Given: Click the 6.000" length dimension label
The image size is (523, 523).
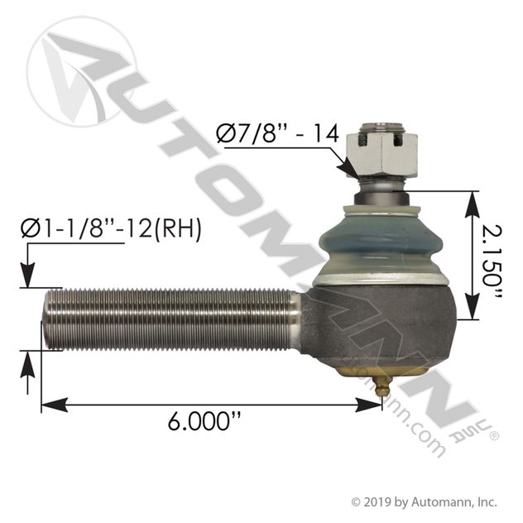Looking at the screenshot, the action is [204, 421].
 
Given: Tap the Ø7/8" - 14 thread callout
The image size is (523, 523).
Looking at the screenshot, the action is [277, 133].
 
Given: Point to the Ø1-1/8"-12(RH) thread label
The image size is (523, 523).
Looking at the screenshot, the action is [111, 228].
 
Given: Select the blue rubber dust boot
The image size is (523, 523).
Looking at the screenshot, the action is [381, 242].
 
